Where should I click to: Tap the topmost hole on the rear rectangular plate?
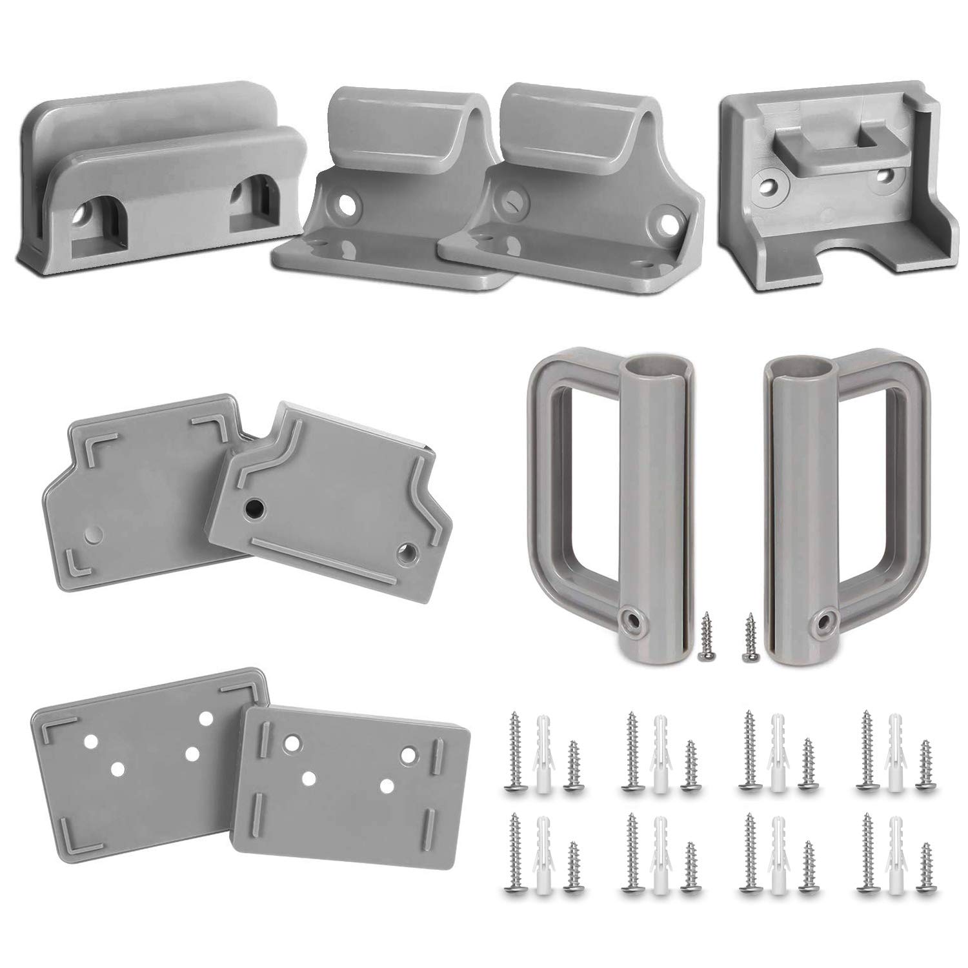[208, 717]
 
